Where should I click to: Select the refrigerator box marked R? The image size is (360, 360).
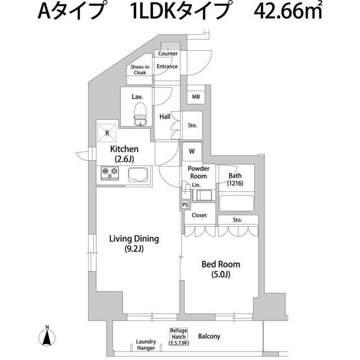click(107, 133)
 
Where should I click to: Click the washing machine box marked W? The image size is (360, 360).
click(192, 151)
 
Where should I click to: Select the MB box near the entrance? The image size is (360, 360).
click(196, 97)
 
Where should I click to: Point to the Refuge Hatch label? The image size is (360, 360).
click(178, 336)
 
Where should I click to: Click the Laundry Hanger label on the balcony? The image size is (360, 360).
click(146, 345)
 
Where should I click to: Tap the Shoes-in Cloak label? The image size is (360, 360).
click(139, 69)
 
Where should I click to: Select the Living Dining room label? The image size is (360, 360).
click(134, 243)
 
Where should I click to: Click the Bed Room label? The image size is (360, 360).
click(220, 269)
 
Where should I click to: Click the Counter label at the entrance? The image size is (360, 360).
click(168, 54)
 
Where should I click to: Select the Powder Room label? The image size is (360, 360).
click(197, 172)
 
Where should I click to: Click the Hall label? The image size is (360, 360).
click(165, 117)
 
